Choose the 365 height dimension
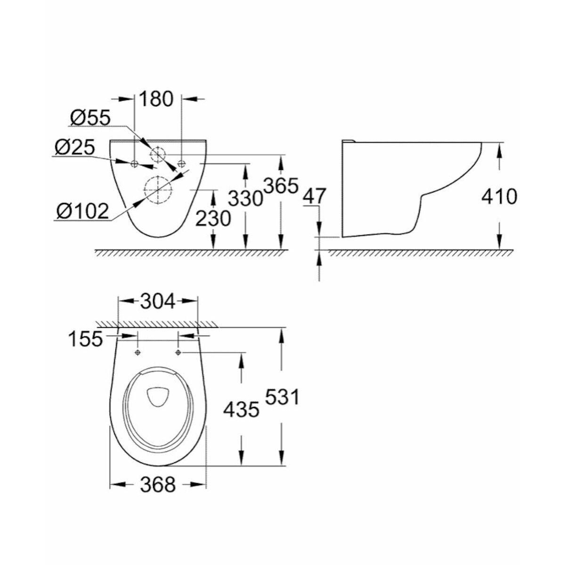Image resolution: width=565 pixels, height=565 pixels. (x=281, y=186)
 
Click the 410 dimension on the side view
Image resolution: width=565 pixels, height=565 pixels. (x=499, y=196)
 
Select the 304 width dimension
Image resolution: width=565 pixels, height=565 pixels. (x=157, y=301)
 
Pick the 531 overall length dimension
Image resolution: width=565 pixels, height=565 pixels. (x=282, y=398)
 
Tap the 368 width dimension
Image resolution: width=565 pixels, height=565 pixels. (x=157, y=484)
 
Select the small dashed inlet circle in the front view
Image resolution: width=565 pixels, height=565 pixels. (x=158, y=153)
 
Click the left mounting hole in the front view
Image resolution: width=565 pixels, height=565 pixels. (x=134, y=163)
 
